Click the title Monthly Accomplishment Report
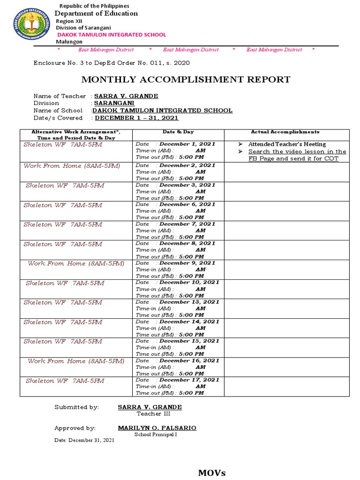pos(186,80)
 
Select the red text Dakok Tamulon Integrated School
pos(112,35)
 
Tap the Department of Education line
pos(97,14)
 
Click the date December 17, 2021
pos(189,380)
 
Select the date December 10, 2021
pos(189,283)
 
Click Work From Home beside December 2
pos(72,166)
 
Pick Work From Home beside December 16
pos(76,361)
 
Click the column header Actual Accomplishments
pos(285,132)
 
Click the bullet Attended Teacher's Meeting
pos(287,144)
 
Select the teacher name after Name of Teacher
pos(126,96)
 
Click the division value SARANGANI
pos(114,103)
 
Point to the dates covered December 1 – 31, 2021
pos(136,118)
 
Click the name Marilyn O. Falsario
pos(157,428)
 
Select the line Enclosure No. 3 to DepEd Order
pos(112,63)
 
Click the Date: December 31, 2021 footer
pos(84,441)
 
